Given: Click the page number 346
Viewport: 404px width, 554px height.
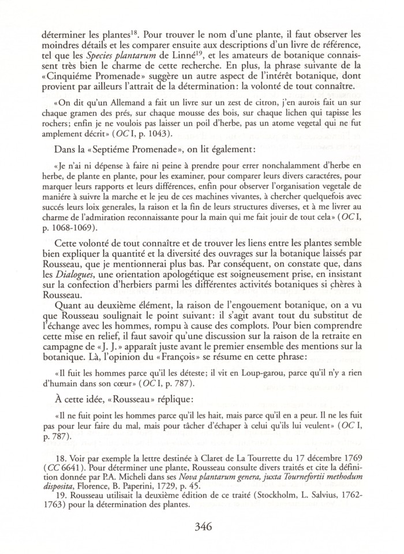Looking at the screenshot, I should (202, 527).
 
